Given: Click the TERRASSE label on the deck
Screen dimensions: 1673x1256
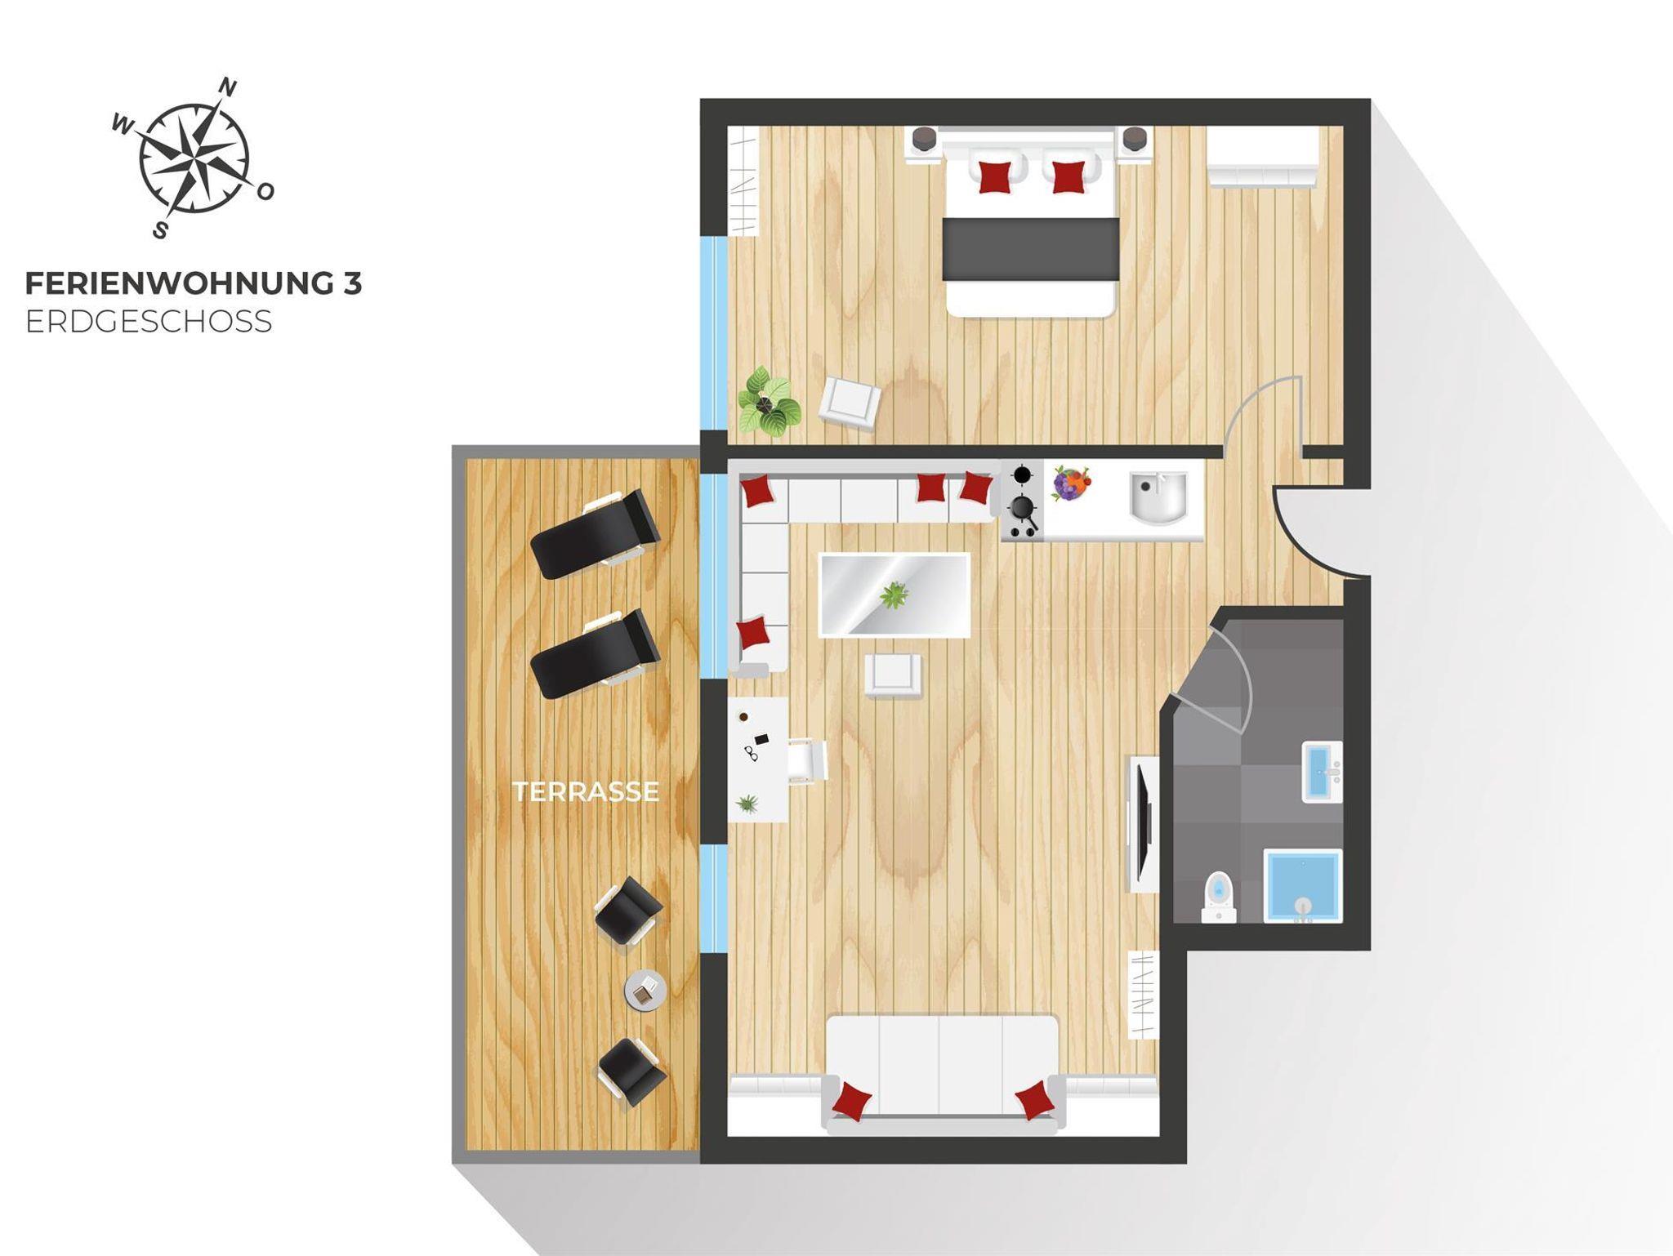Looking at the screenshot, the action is click(x=586, y=791).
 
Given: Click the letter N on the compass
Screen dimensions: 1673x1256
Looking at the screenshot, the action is click(x=230, y=87).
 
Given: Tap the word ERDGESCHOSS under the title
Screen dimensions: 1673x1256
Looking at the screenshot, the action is click(x=149, y=322).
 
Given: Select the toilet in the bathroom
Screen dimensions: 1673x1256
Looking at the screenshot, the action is click(x=1218, y=897).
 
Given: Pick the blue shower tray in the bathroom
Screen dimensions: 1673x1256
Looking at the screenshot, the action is click(x=1303, y=886).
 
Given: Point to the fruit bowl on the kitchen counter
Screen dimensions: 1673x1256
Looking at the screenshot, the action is click(x=1071, y=483).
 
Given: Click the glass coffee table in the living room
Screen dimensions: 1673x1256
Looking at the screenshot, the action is click(x=894, y=595).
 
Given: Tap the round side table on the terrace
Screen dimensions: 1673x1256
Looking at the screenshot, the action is click(x=645, y=990).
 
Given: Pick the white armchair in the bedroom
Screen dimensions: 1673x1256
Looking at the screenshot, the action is click(x=850, y=403).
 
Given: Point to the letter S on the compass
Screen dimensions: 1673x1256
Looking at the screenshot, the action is click(x=161, y=230).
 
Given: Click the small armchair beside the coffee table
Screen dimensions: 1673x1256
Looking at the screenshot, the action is click(x=894, y=676).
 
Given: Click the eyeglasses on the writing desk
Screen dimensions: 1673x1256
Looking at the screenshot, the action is click(x=751, y=753).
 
